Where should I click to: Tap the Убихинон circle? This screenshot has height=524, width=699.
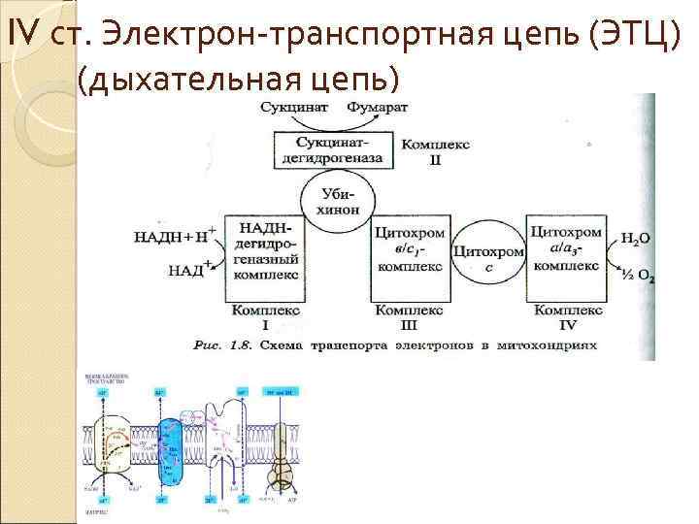pos(338,201)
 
